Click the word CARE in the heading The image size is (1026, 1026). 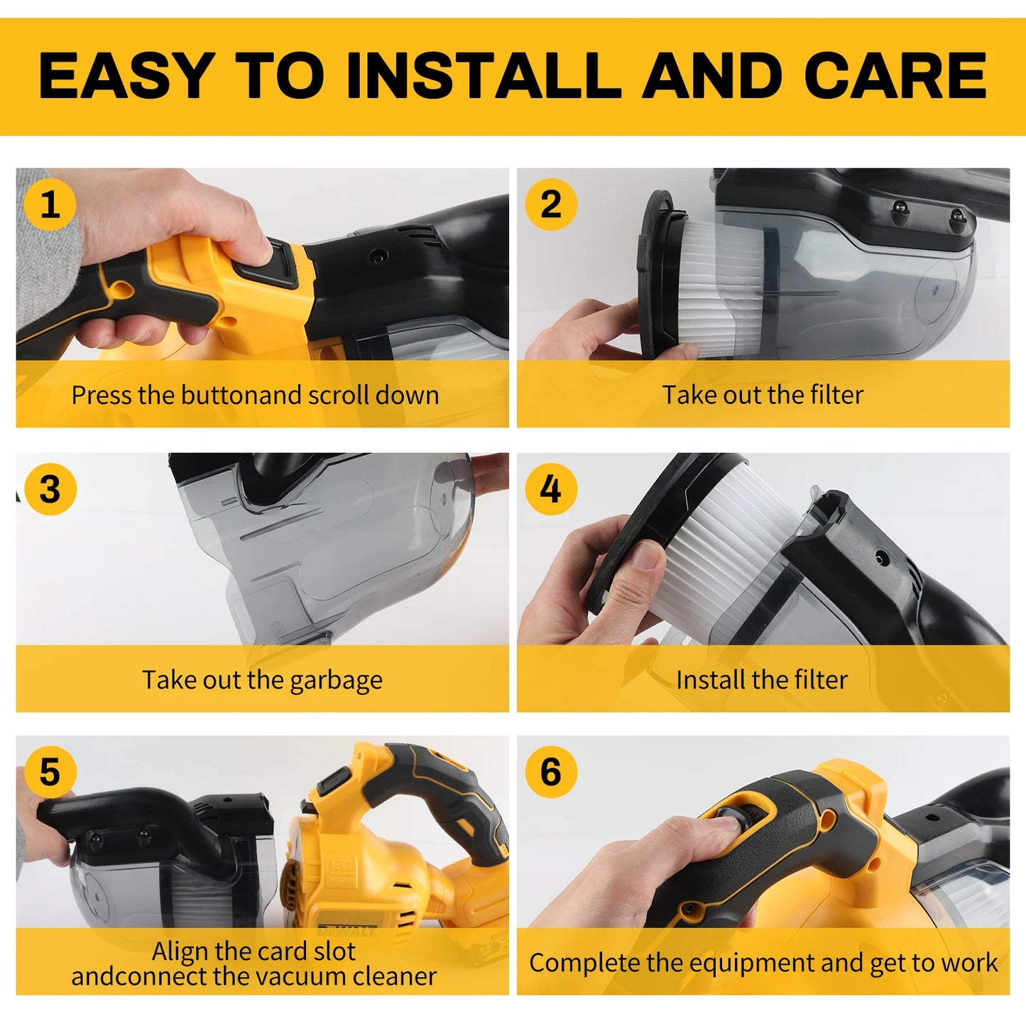895,76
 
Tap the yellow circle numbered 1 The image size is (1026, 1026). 50,204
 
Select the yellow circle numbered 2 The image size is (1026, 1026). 550,204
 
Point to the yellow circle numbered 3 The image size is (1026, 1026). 50,489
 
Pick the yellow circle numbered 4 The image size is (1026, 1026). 550,489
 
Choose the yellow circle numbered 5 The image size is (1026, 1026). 50,772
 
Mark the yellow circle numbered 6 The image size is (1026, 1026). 550,772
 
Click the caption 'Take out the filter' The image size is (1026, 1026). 763,395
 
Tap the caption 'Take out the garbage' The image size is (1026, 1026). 262,680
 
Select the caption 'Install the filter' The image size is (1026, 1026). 762,680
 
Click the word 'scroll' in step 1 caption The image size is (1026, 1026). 327,395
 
